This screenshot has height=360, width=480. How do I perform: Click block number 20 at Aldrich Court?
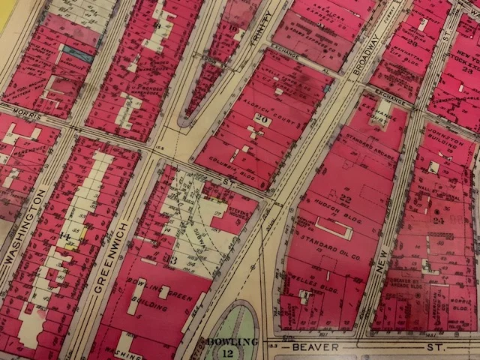coord(262,117)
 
